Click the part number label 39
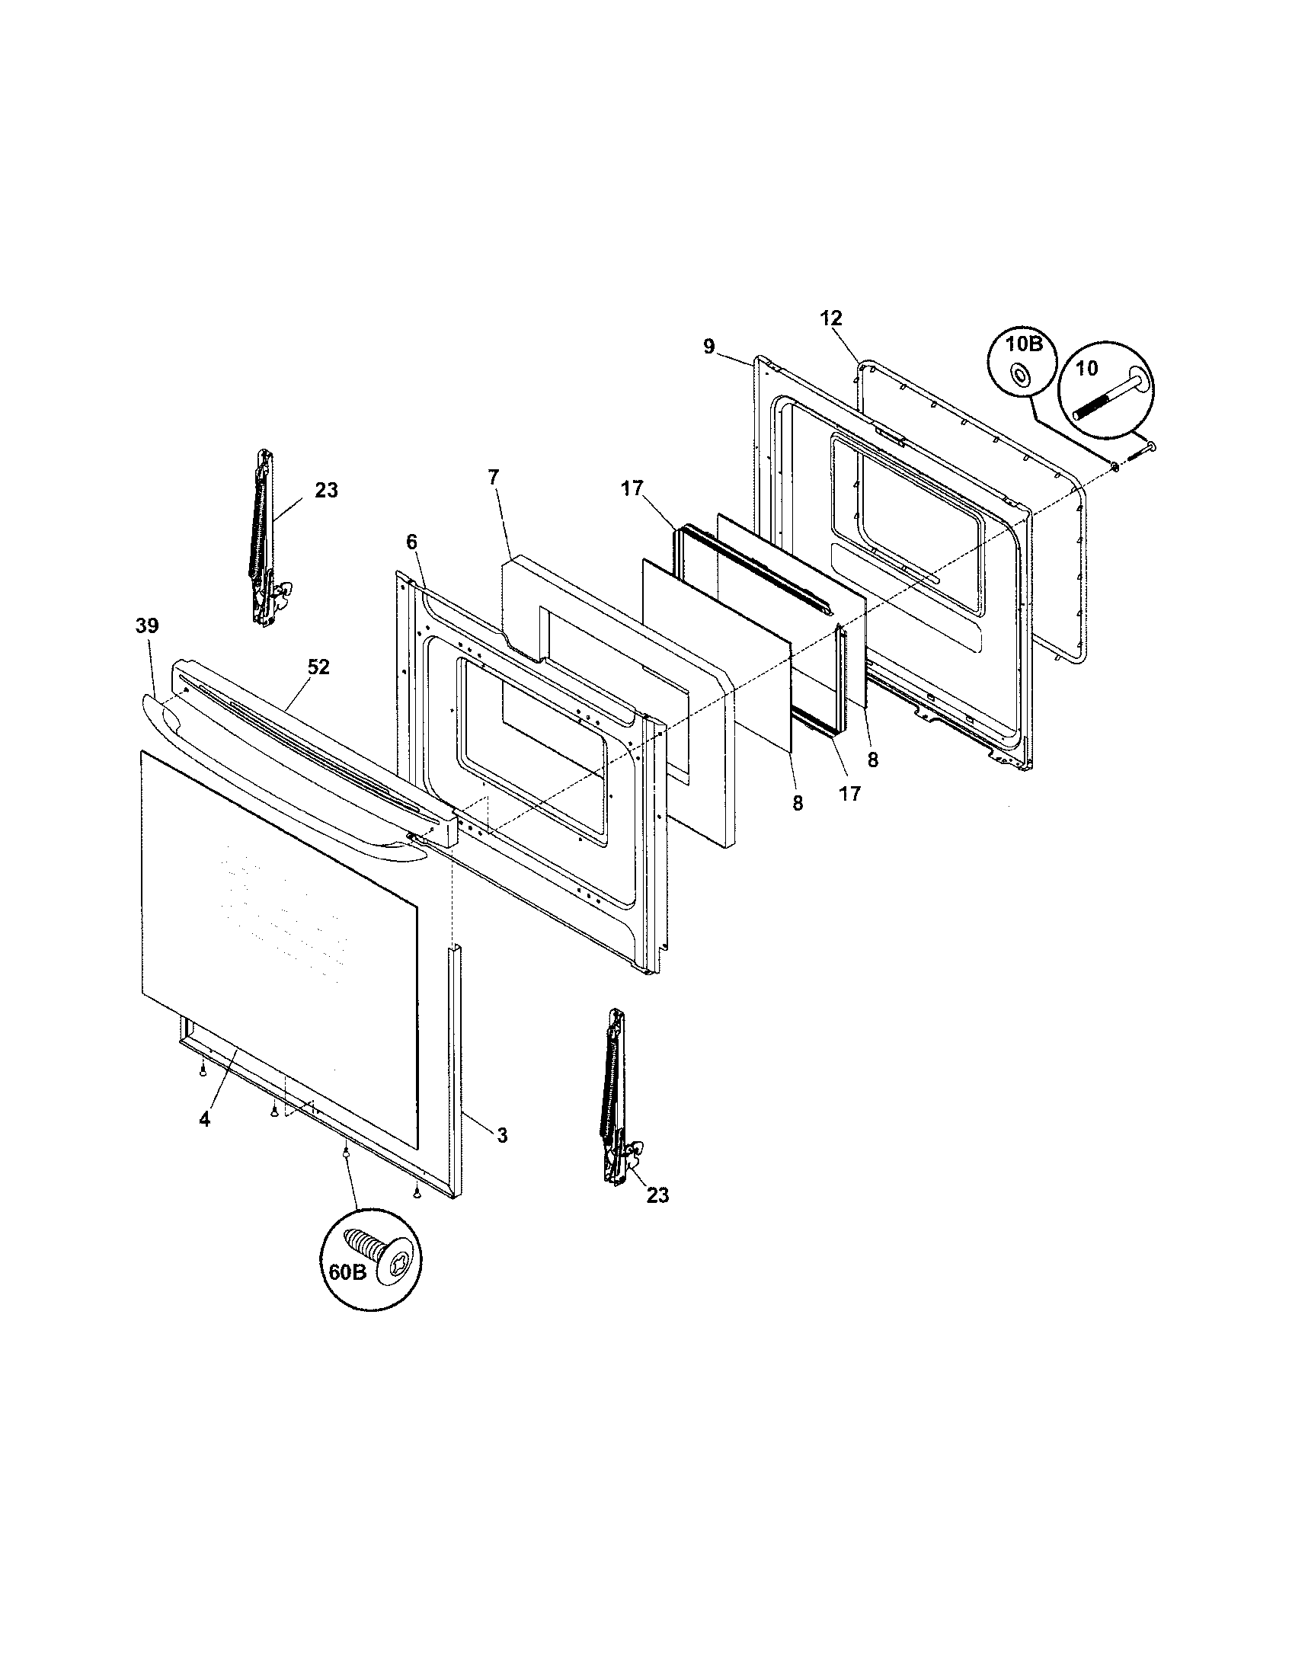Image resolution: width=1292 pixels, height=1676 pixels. pyautogui.click(x=146, y=625)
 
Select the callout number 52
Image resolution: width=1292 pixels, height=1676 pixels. pyautogui.click(x=318, y=667)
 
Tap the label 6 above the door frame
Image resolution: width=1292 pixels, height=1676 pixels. pyautogui.click(x=411, y=542)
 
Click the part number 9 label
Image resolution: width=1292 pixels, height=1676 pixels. pyautogui.click(x=708, y=347)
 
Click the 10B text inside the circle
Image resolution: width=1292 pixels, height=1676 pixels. pyautogui.click(x=1024, y=344)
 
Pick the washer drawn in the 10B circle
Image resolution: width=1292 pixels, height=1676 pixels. pyautogui.click(x=1021, y=376)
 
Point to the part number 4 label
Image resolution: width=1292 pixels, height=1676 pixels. pyautogui.click(x=203, y=1120)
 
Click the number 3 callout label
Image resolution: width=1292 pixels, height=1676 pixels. pyautogui.click(x=502, y=1136)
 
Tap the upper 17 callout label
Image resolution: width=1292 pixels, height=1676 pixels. pyautogui.click(x=632, y=488)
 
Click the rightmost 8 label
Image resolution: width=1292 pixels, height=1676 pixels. pyautogui.click(x=872, y=760)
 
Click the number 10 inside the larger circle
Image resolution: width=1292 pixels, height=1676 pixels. pyautogui.click(x=1087, y=368)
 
